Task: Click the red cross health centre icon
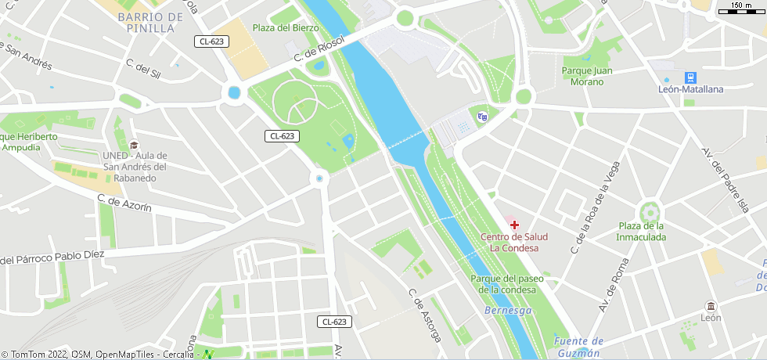pyautogui.click(x=514, y=225)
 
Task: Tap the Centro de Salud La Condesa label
pyautogui.click(x=514, y=243)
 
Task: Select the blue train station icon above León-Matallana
pyautogui.click(x=690, y=77)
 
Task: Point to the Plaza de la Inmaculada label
pyautogui.click(x=641, y=232)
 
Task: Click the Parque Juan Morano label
pyautogui.click(x=587, y=76)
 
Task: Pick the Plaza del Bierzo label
pyautogui.click(x=286, y=27)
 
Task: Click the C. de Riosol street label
pyautogui.click(x=319, y=49)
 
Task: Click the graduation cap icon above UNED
pyautogui.click(x=134, y=145)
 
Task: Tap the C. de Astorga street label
pyautogui.click(x=425, y=315)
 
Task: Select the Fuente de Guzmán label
pyautogui.click(x=578, y=346)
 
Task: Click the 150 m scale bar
pyautogui.click(x=741, y=8)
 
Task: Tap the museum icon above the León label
pyautogui.click(x=711, y=306)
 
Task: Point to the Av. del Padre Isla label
pyautogui.click(x=726, y=179)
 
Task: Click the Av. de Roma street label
pyautogui.click(x=614, y=286)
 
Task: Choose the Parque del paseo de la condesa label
pyautogui.click(x=504, y=284)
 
